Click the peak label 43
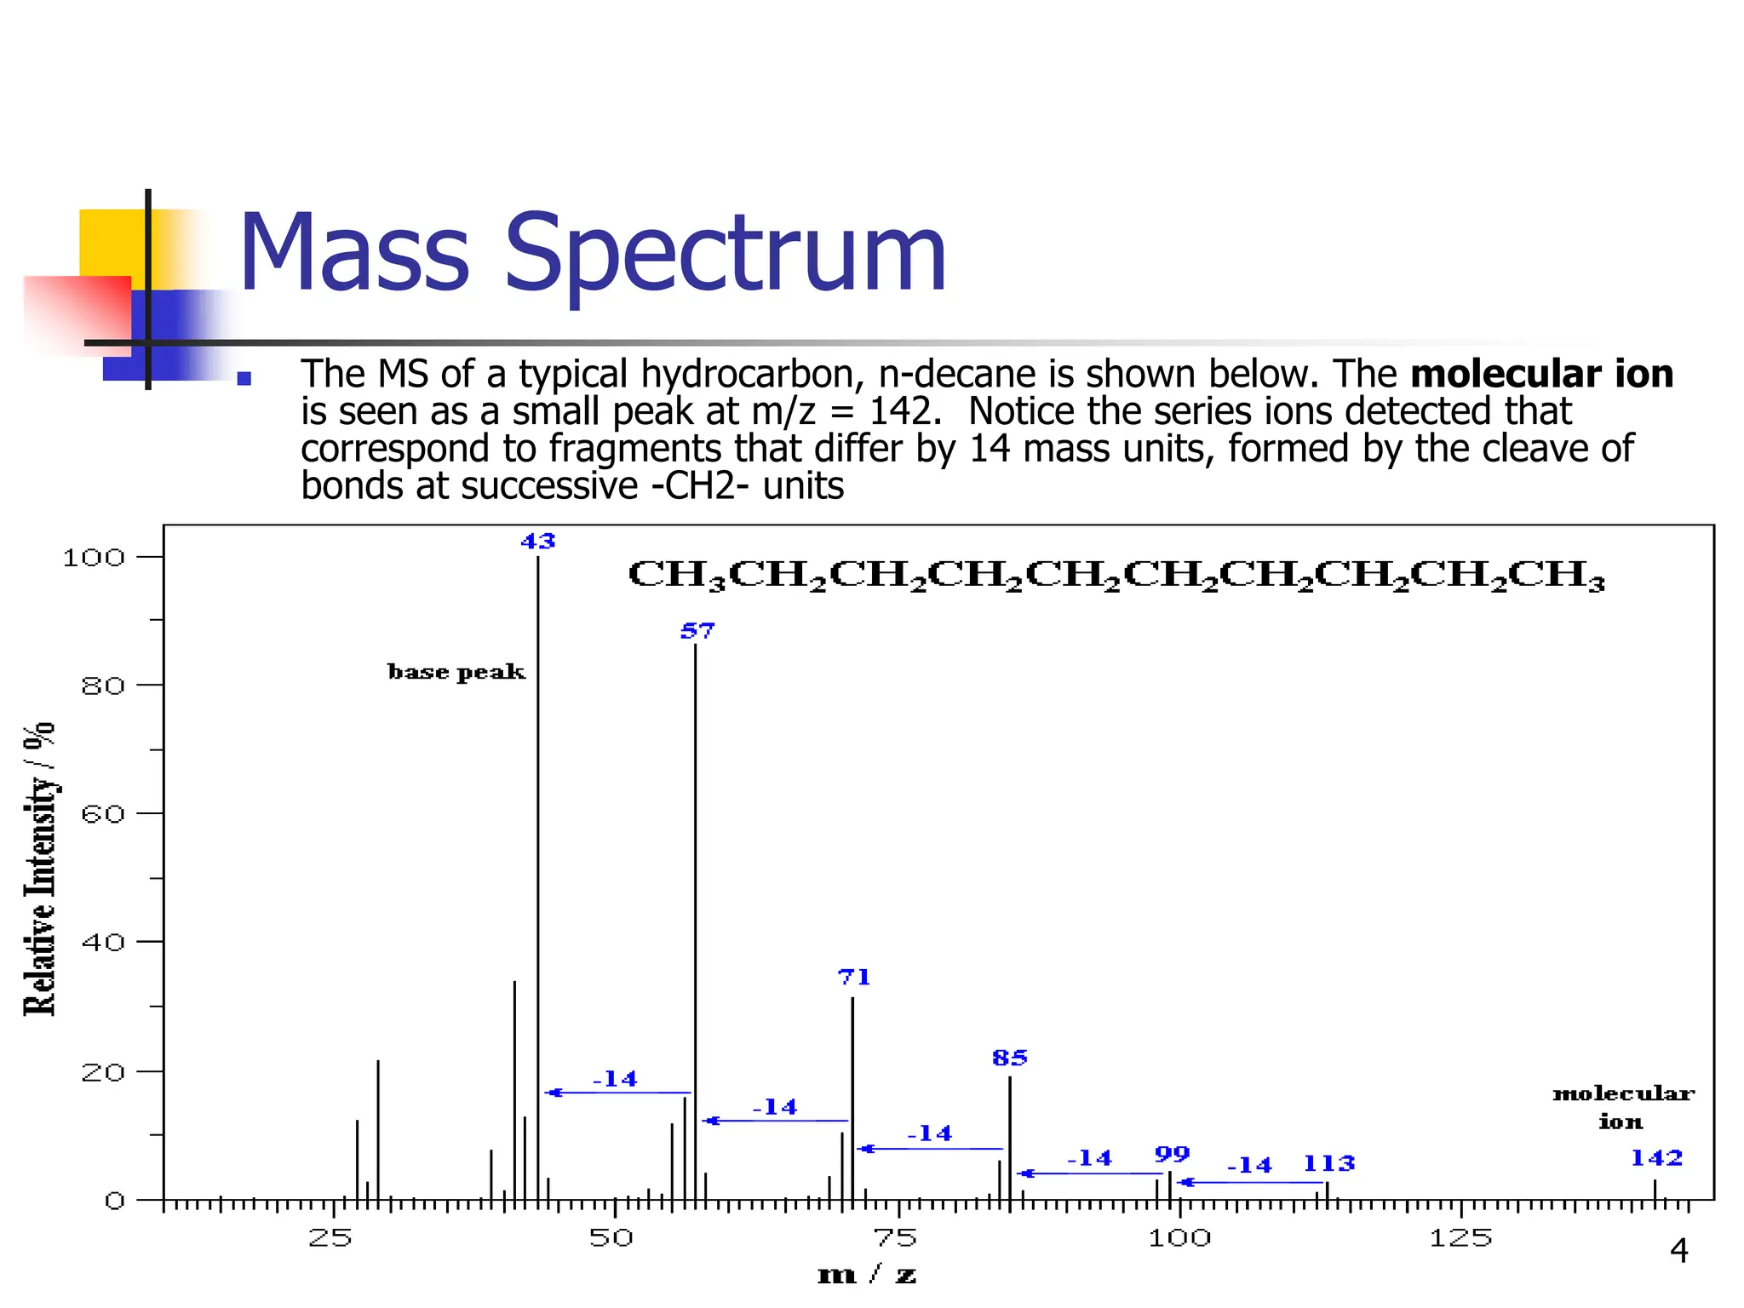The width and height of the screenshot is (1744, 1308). pos(537,542)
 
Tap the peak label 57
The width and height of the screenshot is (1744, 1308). pos(697,631)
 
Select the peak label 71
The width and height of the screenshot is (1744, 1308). pos(854,978)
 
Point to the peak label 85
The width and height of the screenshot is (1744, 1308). pos(1010,1058)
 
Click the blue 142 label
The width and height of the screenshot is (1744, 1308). pos(1656,1158)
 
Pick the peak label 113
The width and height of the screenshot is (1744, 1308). pos(1328,1163)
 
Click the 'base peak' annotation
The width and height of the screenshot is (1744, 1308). pos(456,673)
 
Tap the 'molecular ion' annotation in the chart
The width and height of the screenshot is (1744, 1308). pos(1622,1107)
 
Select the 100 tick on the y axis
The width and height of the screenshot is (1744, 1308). pos(94,558)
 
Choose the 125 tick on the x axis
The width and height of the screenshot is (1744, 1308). pos(1460,1237)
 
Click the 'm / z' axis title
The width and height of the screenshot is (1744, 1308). pos(866,1275)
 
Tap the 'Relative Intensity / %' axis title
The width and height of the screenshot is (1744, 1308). pos(39,869)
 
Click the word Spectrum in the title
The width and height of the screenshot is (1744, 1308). pos(725,254)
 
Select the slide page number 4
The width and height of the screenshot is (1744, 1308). pos(1678,1251)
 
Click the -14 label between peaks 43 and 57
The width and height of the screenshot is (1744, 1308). pos(615,1080)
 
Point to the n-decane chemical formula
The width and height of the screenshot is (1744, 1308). pos(1116,576)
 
